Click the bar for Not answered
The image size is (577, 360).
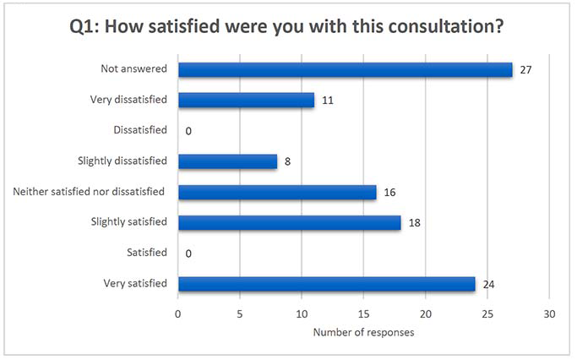click(345, 69)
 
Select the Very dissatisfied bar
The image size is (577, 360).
click(246, 100)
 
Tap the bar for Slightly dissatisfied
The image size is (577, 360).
click(227, 161)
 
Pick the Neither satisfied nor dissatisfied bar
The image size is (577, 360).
click(277, 192)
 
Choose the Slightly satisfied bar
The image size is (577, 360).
click(289, 222)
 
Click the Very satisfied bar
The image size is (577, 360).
click(326, 283)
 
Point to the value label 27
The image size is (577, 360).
click(525, 69)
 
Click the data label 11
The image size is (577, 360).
click(327, 100)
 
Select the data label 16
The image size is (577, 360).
click(389, 192)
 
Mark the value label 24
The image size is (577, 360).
click(488, 283)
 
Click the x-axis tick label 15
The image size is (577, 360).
click(363, 314)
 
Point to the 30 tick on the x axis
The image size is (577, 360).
click(549, 314)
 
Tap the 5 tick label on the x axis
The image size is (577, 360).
click(240, 314)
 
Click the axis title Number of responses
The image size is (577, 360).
click(363, 332)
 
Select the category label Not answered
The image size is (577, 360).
click(133, 69)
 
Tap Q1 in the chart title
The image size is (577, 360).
click(84, 26)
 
